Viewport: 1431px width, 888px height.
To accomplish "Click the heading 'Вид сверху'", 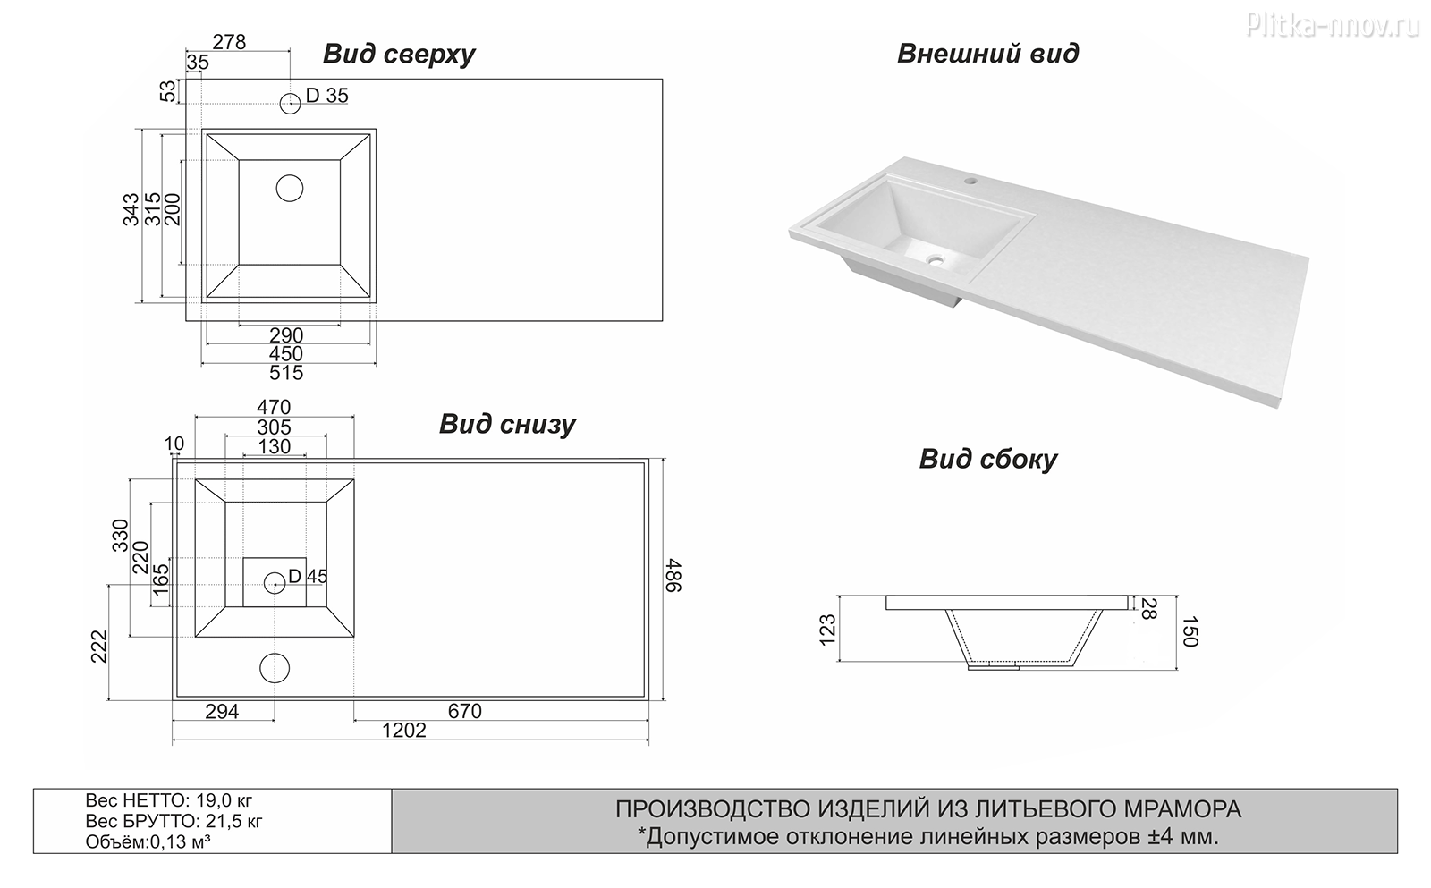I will [399, 55].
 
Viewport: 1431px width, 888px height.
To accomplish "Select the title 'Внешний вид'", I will [987, 53].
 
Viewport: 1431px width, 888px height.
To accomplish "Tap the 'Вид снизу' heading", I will [507, 424].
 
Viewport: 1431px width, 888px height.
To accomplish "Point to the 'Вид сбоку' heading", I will [987, 459].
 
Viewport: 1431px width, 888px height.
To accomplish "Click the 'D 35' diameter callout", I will [327, 96].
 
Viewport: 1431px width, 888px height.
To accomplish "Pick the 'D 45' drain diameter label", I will [308, 577].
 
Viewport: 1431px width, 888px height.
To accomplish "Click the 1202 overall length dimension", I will [404, 731].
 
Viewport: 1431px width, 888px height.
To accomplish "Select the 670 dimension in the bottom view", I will [465, 711].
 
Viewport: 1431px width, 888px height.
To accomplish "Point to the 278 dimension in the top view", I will [229, 42].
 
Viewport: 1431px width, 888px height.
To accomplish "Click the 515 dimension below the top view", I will [286, 373].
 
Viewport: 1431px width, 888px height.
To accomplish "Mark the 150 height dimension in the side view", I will [1190, 630].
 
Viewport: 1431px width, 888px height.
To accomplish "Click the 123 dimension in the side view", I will [827, 629].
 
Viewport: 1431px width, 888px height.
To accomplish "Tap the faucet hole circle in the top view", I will [291, 103].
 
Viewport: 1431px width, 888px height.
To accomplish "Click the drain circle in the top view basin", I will [290, 188].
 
